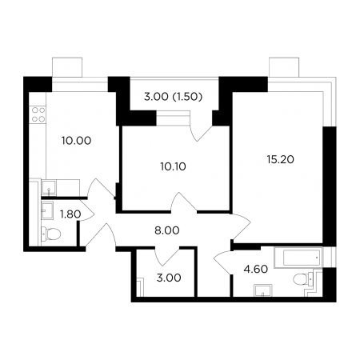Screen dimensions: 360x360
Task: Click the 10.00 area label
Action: pyautogui.click(x=77, y=141)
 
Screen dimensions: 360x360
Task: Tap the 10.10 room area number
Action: pyautogui.click(x=174, y=166)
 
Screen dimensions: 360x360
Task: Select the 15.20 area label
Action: pyautogui.click(x=281, y=159)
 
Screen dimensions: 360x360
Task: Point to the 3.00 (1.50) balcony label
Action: pyautogui.click(x=174, y=97)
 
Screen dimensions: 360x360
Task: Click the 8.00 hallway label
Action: pyautogui.click(x=167, y=230)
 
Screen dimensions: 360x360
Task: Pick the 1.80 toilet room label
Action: pyautogui.click(x=70, y=214)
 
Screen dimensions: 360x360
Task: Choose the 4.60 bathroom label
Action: pyautogui.click(x=256, y=269)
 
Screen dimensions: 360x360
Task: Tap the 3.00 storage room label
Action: pyautogui.click(x=169, y=278)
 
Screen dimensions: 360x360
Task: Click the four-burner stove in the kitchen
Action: pyautogui.click(x=38, y=114)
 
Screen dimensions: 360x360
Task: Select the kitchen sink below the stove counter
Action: pyautogui.click(x=49, y=188)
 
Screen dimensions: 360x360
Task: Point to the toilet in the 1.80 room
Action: pyautogui.click(x=51, y=234)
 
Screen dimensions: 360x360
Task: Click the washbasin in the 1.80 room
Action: pyautogui.click(x=47, y=210)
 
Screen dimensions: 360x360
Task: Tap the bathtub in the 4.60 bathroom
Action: pyautogui.click(x=298, y=257)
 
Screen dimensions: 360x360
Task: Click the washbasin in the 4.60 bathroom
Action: pyautogui.click(x=263, y=290)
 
